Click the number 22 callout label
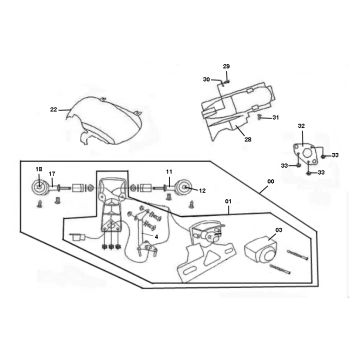(x=53, y=108)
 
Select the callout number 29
(x=226, y=65)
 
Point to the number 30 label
(x=207, y=79)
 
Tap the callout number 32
(x=302, y=127)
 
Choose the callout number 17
(x=52, y=175)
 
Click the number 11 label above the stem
(x=170, y=171)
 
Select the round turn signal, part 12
(x=184, y=187)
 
